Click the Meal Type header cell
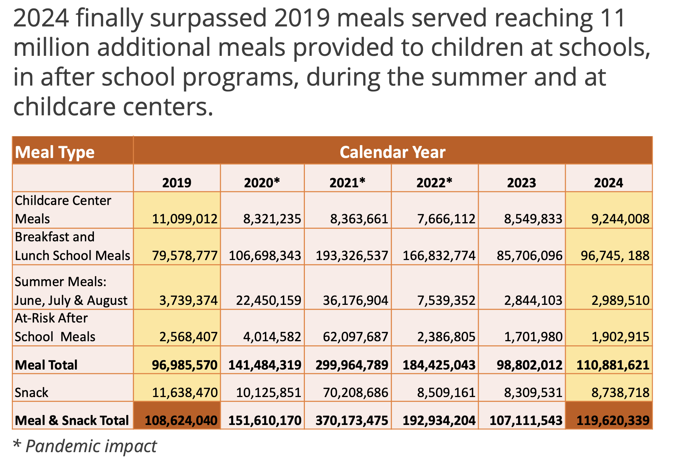click(55, 152)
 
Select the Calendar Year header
click(392, 152)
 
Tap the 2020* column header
click(262, 183)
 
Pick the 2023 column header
click(521, 183)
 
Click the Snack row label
click(32, 392)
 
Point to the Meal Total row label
click(46, 365)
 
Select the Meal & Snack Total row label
click(72, 420)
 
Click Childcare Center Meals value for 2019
click(185, 219)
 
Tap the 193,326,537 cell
click(351, 255)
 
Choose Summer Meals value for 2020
click(268, 300)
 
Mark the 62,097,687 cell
click(355, 336)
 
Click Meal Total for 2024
click(613, 365)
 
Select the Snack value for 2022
click(446, 392)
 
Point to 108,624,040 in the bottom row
click(181, 420)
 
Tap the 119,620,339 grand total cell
click(613, 420)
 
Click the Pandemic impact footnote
click(85, 446)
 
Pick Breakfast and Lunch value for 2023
click(529, 255)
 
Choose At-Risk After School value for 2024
click(620, 336)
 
